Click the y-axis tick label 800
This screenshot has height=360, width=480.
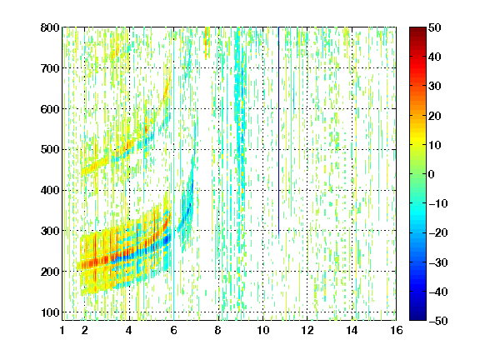coord(50,27)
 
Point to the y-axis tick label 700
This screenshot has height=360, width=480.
coord(50,68)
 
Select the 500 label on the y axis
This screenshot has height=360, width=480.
coord(50,150)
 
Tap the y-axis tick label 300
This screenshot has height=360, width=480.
coord(50,231)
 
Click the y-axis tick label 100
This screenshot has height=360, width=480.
coord(50,312)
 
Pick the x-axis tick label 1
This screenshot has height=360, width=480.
coord(62,330)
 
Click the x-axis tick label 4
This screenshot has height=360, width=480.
coord(129,330)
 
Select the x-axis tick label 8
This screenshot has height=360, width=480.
coord(218,330)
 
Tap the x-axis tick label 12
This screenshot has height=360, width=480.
coord(307,330)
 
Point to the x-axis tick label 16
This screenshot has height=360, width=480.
coord(396,330)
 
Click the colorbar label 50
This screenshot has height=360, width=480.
coord(435,27)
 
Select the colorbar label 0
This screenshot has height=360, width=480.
coord(432,174)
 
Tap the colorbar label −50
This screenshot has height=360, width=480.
coord(438,321)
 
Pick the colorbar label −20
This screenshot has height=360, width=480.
coord(438,232)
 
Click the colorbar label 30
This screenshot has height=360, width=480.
coord(435,86)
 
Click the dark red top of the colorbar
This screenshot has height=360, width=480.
coord(417,31)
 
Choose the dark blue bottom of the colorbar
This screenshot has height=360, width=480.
coord(417,317)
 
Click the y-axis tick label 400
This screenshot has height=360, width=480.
coord(50,190)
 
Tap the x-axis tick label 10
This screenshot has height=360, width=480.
coord(262,330)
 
